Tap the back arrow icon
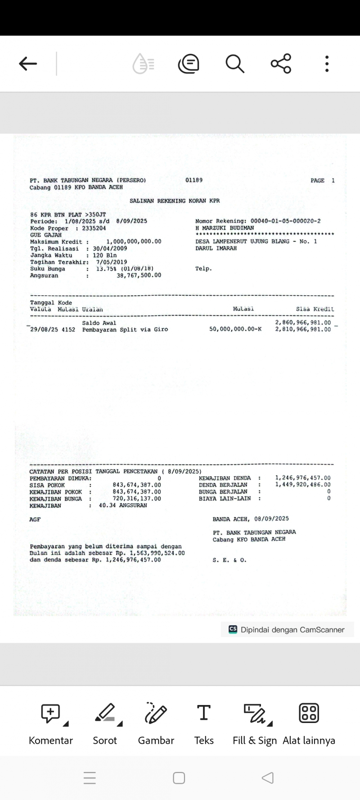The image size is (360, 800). [28, 64]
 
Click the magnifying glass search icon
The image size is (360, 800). [235, 64]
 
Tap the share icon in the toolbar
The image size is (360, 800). [281, 64]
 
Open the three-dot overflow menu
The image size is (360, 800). [327, 64]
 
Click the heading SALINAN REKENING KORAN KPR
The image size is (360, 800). [175, 201]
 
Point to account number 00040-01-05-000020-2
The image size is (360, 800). [286, 221]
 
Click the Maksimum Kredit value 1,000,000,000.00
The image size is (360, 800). [134, 242]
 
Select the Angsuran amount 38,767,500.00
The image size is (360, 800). [139, 275]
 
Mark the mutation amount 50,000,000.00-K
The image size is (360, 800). [235, 330]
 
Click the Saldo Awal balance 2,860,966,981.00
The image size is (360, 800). [303, 323]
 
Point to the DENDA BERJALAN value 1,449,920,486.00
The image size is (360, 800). [303, 485]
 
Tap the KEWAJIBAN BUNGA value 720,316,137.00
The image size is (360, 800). [137, 499]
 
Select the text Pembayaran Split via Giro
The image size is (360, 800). [125, 330]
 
